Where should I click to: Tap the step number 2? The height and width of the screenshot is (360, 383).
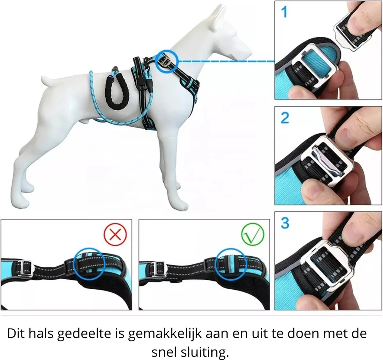285,118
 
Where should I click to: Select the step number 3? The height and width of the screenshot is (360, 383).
285,223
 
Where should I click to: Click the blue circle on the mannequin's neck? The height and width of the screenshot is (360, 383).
167,60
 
